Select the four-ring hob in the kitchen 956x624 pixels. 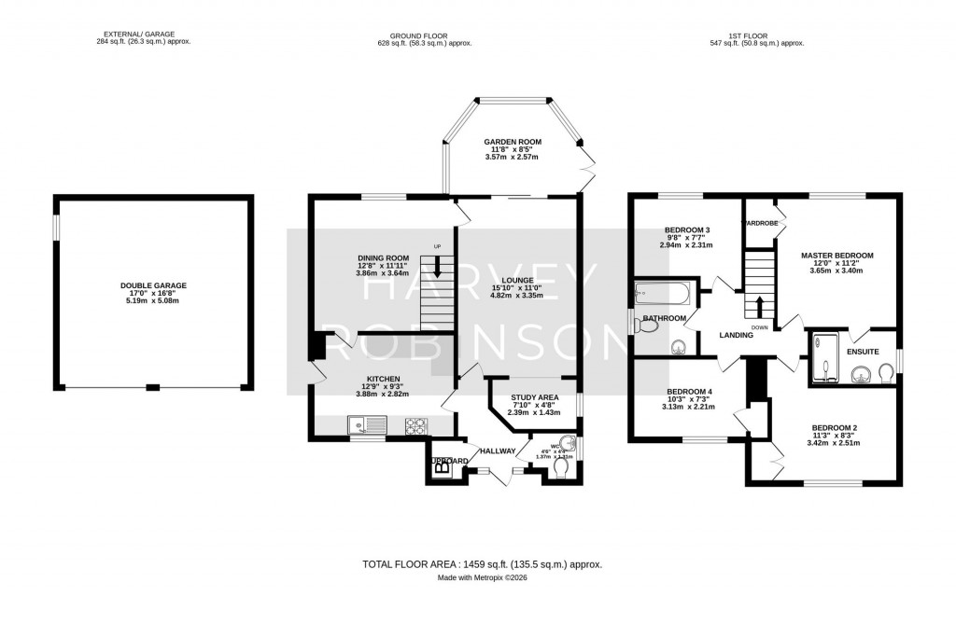point(415,425)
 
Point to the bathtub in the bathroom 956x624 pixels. point(661,296)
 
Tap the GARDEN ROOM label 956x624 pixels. point(512,142)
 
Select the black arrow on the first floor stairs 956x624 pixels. point(758,305)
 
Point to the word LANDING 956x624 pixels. point(736,335)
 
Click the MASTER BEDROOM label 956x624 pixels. point(837,256)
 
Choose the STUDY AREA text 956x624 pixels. point(535,396)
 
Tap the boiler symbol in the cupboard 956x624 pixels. point(441,469)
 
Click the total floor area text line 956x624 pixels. point(482,564)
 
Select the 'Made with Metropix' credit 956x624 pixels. point(483,578)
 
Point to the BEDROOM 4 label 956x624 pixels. point(689,392)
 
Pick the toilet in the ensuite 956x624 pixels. point(885,373)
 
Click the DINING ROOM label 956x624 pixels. point(384,258)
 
